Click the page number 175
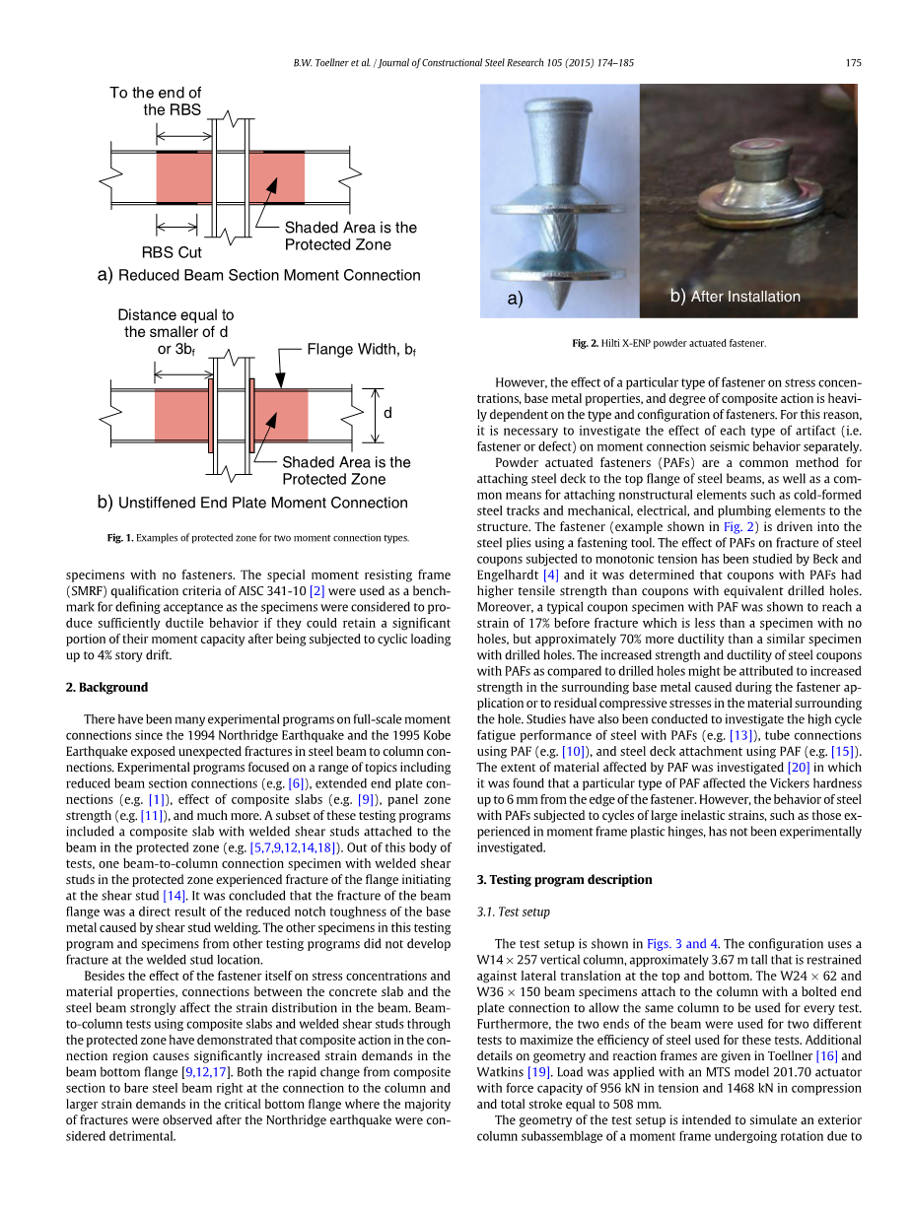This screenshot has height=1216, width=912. [854, 63]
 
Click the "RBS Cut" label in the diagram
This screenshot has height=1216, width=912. [172, 252]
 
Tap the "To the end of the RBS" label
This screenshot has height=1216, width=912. [156, 101]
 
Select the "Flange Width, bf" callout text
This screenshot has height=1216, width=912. [361, 350]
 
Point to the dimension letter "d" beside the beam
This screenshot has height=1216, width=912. [387, 414]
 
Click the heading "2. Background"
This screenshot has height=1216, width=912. [106, 687]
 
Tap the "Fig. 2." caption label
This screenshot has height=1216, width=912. [586, 343]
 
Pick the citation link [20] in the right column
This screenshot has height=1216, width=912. [798, 767]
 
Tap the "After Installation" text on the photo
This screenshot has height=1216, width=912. [745, 296]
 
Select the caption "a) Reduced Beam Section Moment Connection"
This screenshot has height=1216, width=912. [259, 275]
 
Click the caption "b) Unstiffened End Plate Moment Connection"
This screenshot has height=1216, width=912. [252, 503]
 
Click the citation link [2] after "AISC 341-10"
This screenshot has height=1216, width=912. [316, 590]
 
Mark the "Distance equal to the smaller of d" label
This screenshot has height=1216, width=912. [175, 323]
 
